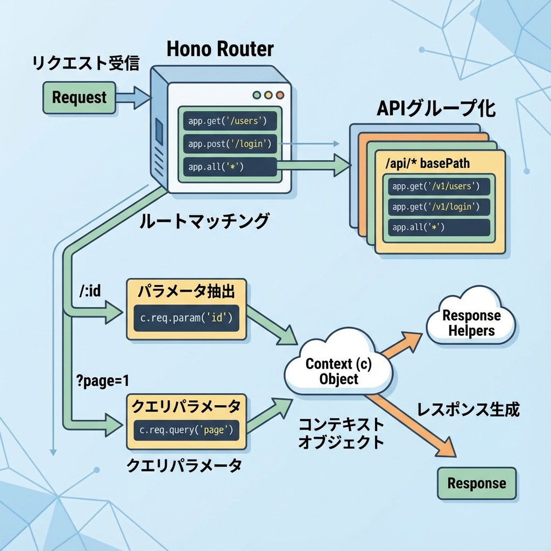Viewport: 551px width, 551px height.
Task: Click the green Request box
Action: [79, 97]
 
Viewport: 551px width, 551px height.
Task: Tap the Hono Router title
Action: [220, 49]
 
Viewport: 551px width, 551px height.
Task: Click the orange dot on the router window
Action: [279, 95]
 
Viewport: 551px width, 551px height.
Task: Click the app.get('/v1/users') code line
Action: [439, 187]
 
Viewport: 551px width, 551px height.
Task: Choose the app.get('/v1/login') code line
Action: [439, 207]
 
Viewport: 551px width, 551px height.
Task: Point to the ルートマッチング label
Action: [204, 221]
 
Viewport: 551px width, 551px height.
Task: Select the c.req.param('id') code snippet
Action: [186, 317]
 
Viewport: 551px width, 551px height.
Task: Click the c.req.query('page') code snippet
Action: [186, 430]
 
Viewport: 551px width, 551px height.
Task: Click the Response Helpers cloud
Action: [471, 322]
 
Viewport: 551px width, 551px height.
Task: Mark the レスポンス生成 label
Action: [468, 410]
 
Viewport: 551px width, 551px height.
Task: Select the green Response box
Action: [476, 483]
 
